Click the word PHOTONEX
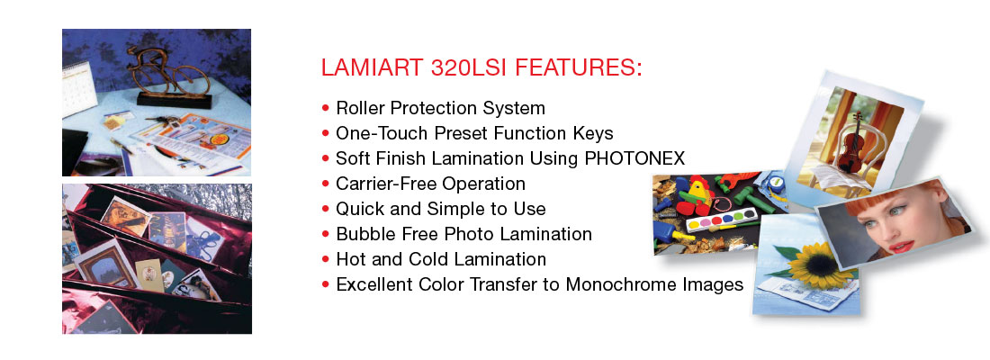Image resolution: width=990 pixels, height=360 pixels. [x=634, y=158]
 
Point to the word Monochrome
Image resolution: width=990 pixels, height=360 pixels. [x=611, y=284]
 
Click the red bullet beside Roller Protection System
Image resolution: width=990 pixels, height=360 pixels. [x=326, y=109]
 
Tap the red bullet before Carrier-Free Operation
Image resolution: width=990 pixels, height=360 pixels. [x=326, y=184]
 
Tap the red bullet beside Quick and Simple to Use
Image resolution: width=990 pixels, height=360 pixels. [x=326, y=210]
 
